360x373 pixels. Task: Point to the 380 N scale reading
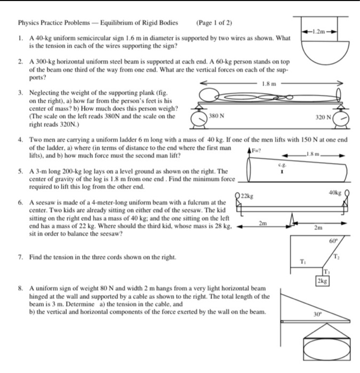[217, 115]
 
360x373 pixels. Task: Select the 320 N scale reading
[323, 115]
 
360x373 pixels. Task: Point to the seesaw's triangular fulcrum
[291, 220]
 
